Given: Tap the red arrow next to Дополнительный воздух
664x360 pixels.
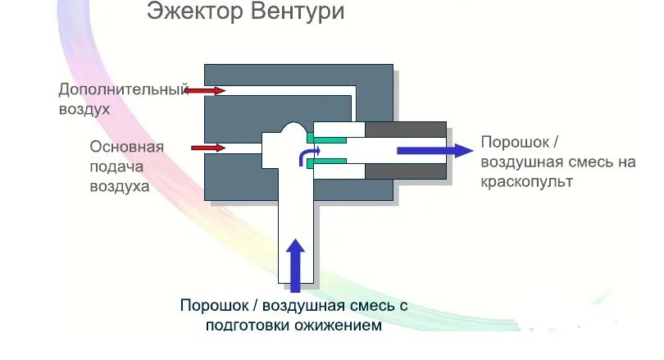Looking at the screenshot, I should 206,90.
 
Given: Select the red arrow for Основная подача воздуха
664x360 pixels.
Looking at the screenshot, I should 208,148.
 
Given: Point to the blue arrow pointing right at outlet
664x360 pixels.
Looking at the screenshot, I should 434,149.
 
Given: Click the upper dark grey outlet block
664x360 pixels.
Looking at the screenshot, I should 405,130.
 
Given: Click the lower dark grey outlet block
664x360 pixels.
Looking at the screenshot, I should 405,171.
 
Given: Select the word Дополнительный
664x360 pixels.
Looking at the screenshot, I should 123,89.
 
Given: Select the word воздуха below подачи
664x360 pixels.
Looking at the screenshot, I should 120,187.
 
